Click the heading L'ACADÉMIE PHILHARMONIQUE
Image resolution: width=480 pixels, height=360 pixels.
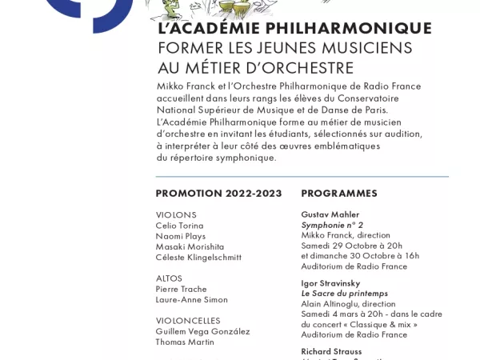click(294, 29)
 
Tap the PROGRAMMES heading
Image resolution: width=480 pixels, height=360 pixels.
click(339, 194)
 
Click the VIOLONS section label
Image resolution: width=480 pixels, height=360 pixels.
click(176, 215)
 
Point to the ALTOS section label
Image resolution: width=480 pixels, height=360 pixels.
click(169, 278)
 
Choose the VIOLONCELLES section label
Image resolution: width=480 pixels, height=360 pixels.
click(188, 321)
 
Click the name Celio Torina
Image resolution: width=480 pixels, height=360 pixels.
click(179, 226)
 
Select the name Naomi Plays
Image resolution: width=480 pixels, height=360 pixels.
click(180, 236)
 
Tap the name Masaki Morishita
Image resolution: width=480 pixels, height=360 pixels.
click(190, 246)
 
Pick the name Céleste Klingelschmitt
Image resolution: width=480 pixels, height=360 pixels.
click(198, 257)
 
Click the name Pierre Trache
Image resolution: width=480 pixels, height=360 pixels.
click(181, 289)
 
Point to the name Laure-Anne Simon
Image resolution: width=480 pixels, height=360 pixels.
click(191, 299)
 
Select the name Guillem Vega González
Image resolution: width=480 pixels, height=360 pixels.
click(202, 331)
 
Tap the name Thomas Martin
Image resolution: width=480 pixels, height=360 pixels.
click(185, 342)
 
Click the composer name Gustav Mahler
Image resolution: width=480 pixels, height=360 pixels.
click(330, 214)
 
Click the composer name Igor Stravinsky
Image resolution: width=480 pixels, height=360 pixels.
click(330, 283)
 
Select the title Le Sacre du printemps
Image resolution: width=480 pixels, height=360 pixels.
click(344, 294)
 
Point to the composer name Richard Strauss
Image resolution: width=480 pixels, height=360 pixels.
click(331, 351)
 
